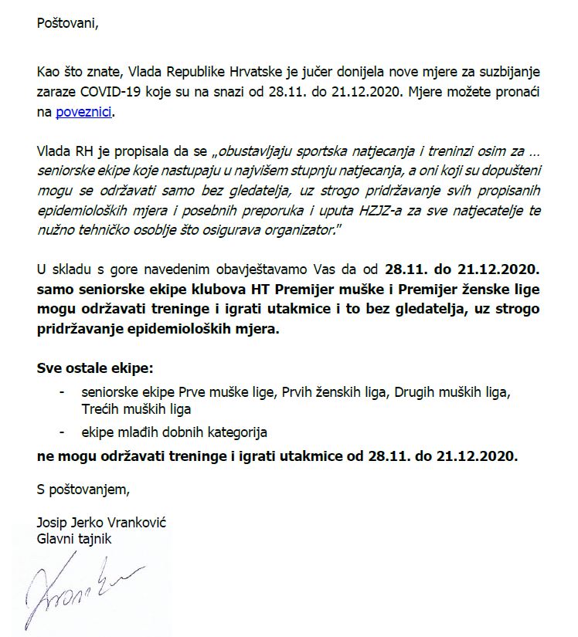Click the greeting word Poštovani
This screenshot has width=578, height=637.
(x=68, y=22)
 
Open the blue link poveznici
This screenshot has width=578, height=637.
(x=84, y=112)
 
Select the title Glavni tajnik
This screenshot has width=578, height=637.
(x=74, y=538)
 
